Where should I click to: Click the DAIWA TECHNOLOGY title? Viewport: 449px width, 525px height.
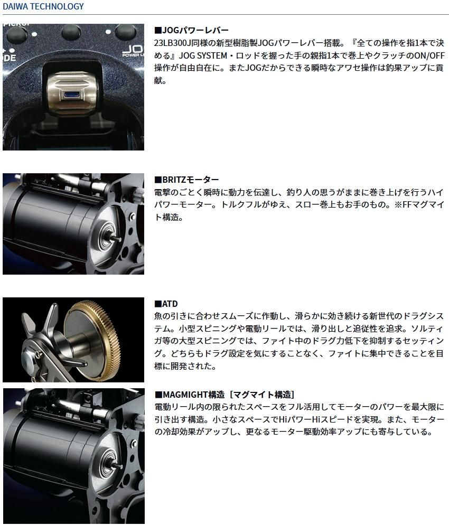pos(43,7)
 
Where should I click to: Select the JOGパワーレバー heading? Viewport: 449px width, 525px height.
pos(191,30)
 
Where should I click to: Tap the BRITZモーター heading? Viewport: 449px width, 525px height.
pos(186,180)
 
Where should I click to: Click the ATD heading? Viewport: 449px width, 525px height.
pos(166,304)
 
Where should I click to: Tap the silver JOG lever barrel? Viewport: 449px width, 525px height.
pos(74,92)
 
